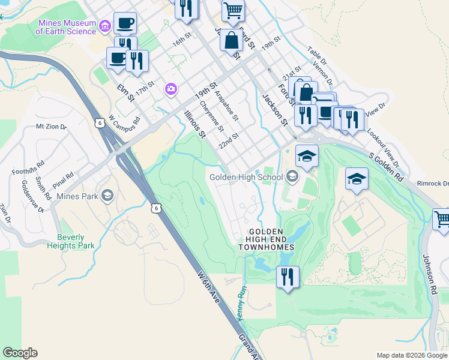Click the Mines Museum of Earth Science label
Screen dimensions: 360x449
click(67, 28)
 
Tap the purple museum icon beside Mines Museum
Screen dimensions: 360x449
click(105, 26)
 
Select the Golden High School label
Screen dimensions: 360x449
click(246, 176)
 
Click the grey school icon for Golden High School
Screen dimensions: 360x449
click(292, 176)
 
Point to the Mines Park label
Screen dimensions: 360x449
click(77, 196)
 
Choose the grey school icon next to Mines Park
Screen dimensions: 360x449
click(107, 195)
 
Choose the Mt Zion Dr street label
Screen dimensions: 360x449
click(51, 127)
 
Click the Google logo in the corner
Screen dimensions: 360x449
click(20, 353)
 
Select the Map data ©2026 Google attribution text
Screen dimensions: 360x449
click(412, 355)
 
